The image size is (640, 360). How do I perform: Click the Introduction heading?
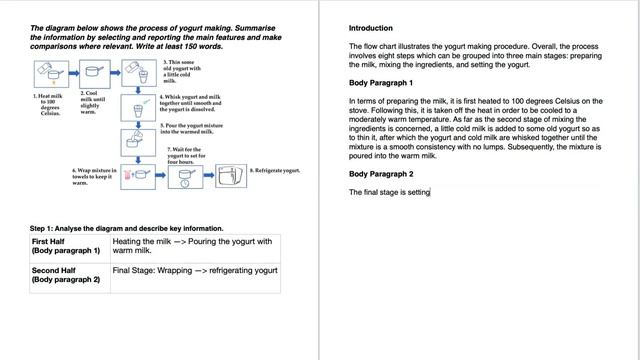coord(371,28)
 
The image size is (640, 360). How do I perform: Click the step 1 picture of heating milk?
coord(48,74)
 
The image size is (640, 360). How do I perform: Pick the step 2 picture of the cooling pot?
coord(94,73)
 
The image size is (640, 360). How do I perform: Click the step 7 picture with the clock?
coord(184,176)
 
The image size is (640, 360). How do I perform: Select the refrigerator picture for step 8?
coord(232,175)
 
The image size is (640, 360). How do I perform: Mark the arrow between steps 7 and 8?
coord(210,176)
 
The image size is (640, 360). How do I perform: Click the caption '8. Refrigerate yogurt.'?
coord(275,172)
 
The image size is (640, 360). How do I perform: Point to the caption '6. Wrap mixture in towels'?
coord(95,176)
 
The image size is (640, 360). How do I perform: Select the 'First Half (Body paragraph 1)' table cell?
coord(67,246)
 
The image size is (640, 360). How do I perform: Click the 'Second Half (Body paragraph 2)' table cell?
coord(67,275)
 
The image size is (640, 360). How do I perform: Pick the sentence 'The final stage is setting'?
coord(389,192)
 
